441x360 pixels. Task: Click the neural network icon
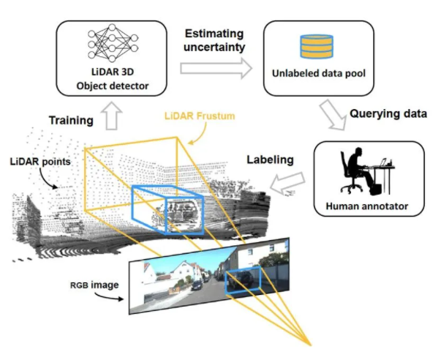(x=113, y=42)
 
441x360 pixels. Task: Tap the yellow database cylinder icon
(x=317, y=46)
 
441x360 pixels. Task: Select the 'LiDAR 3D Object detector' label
(x=113, y=78)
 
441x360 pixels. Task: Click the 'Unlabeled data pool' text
(x=319, y=73)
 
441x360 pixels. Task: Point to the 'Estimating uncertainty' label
(x=214, y=40)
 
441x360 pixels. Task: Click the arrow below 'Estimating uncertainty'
(x=216, y=68)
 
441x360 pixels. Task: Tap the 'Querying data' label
(x=388, y=113)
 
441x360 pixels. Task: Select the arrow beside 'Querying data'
(x=333, y=116)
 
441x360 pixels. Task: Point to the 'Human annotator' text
(x=366, y=206)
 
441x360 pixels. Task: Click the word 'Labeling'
(x=271, y=160)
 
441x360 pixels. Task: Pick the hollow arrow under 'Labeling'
(x=287, y=184)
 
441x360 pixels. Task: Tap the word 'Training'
(x=71, y=121)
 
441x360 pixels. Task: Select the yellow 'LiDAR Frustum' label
(x=200, y=116)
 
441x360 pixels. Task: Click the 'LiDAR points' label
(x=40, y=162)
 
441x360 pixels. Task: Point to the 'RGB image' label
(x=94, y=285)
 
